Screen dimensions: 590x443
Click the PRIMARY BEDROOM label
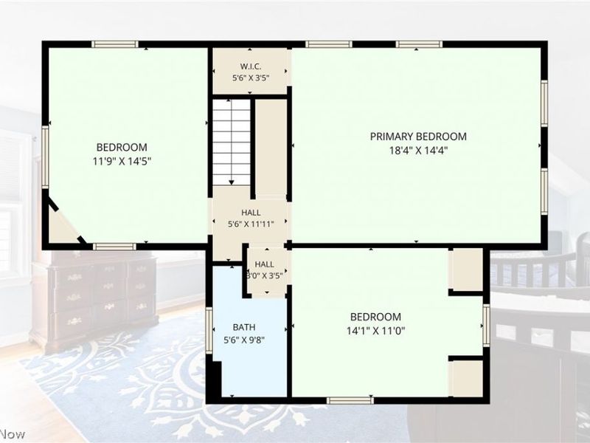pyautogui.click(x=418, y=137)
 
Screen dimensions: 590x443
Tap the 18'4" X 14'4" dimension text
pyautogui.click(x=418, y=151)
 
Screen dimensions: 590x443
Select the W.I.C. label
pyautogui.click(x=251, y=66)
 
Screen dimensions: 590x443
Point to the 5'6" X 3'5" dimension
pyautogui.click(x=251, y=78)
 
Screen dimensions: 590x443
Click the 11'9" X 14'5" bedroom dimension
pyautogui.click(x=122, y=162)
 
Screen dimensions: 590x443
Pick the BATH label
pyautogui.click(x=244, y=327)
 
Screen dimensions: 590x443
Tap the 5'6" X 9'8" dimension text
pyautogui.click(x=244, y=340)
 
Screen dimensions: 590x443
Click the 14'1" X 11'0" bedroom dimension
pyautogui.click(x=375, y=331)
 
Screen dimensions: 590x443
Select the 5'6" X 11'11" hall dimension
pyautogui.click(x=251, y=224)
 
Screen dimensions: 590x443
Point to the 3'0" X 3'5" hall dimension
pyautogui.click(x=265, y=275)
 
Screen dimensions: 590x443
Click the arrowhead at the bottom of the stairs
pyautogui.click(x=232, y=182)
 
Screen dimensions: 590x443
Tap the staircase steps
pyautogui.click(x=232, y=142)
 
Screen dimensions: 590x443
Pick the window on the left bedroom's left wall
pyautogui.click(x=45, y=157)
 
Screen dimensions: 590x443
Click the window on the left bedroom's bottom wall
pyautogui.click(x=114, y=247)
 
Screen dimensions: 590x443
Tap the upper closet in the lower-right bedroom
pyautogui.click(x=467, y=269)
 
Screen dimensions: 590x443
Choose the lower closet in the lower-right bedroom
pyautogui.click(x=467, y=378)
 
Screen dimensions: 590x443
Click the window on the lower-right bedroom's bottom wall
pyautogui.click(x=350, y=400)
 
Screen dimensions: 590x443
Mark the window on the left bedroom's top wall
pyautogui.click(x=115, y=44)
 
